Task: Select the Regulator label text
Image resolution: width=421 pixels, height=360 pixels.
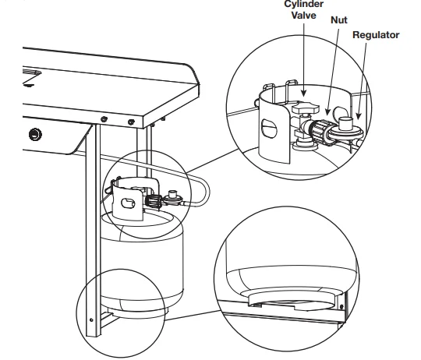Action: [376, 36]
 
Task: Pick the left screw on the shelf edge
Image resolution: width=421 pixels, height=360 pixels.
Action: [102, 118]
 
